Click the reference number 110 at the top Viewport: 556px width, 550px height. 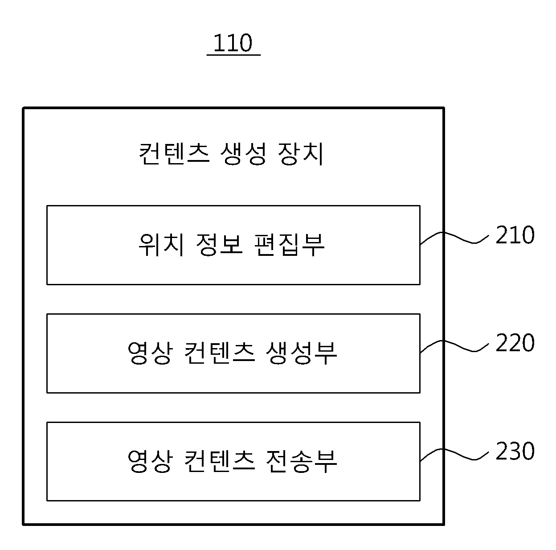[233, 43]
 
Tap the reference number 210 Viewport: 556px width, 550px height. [515, 235]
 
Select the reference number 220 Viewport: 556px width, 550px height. [515, 343]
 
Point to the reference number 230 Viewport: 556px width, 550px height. [515, 451]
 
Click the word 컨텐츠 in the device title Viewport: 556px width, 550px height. [174, 154]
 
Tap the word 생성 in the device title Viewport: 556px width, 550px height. [243, 154]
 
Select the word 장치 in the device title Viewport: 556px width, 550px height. [300, 154]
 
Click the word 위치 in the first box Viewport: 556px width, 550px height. [161, 244]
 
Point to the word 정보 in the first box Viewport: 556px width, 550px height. [219, 244]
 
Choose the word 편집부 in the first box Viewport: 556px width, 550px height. [289, 244]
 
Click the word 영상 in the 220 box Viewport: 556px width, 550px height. [150, 353]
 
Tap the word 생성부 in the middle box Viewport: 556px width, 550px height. [301, 353]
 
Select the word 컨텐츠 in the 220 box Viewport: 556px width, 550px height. [220, 353]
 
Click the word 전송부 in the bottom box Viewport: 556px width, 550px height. [301, 461]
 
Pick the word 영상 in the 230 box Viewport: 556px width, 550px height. [150, 461]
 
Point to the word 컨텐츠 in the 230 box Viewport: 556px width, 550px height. [220, 461]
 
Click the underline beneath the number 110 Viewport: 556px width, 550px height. [234, 54]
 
